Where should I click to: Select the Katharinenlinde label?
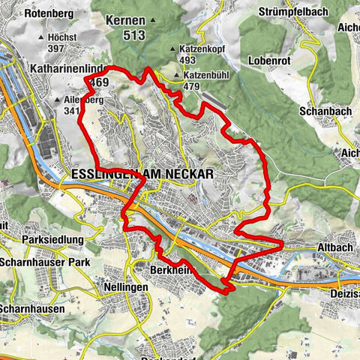[x=65, y=68]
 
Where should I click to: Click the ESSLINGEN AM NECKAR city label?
[x=142, y=173]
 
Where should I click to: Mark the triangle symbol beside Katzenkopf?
[x=174, y=49]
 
